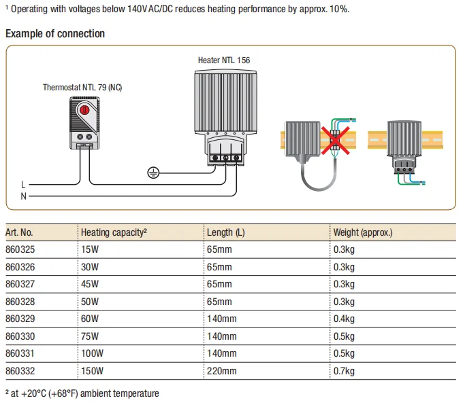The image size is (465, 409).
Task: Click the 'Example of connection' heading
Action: [x=55, y=34]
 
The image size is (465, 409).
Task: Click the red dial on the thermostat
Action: [x=84, y=110]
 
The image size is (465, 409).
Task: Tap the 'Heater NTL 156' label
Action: [x=224, y=60]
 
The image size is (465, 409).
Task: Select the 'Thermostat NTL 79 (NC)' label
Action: [x=82, y=88]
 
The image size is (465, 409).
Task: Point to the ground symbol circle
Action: [x=153, y=173]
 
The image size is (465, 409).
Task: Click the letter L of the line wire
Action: [x=23, y=184]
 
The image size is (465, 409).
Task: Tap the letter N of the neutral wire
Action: [x=23, y=196]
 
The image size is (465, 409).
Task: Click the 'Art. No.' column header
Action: [x=19, y=232]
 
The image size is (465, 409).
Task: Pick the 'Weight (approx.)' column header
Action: [x=363, y=232]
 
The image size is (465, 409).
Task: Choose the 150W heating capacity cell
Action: [x=93, y=371]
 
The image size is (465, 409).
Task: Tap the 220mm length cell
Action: [x=222, y=371]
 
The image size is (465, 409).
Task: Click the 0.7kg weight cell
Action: [x=344, y=371]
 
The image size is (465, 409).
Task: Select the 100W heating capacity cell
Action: [x=93, y=353]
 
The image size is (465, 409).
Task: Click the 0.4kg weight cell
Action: [x=344, y=319]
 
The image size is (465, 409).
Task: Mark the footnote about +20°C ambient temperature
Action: [x=82, y=393]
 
